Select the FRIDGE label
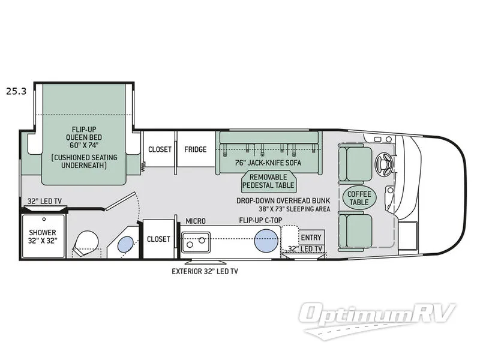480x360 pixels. point(196,149)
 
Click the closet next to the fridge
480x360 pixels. point(160,149)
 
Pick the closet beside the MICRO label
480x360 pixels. point(159,238)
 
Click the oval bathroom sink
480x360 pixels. point(125,244)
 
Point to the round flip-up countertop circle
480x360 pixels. point(266,242)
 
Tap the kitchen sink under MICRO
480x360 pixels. point(196,243)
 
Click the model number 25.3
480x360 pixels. point(17,92)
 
